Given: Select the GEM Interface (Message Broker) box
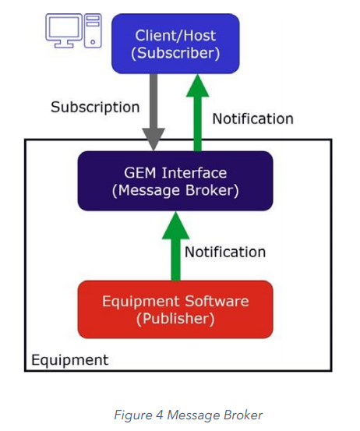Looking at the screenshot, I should point(175,181).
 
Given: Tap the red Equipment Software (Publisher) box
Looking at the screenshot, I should point(175,309).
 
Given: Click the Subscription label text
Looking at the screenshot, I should point(95,107).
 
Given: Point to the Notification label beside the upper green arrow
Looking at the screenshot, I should point(252,118).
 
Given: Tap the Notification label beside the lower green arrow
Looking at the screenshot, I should point(224,252).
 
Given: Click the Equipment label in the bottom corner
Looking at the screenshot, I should point(69,360).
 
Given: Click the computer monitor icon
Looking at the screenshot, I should point(62,29).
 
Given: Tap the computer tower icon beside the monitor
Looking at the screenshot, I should point(93,29).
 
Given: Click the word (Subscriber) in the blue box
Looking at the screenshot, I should point(175,53).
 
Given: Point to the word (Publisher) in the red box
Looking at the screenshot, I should point(175,319).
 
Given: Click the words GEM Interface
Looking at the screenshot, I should point(175,171).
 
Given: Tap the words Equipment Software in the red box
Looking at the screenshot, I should point(175,300).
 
